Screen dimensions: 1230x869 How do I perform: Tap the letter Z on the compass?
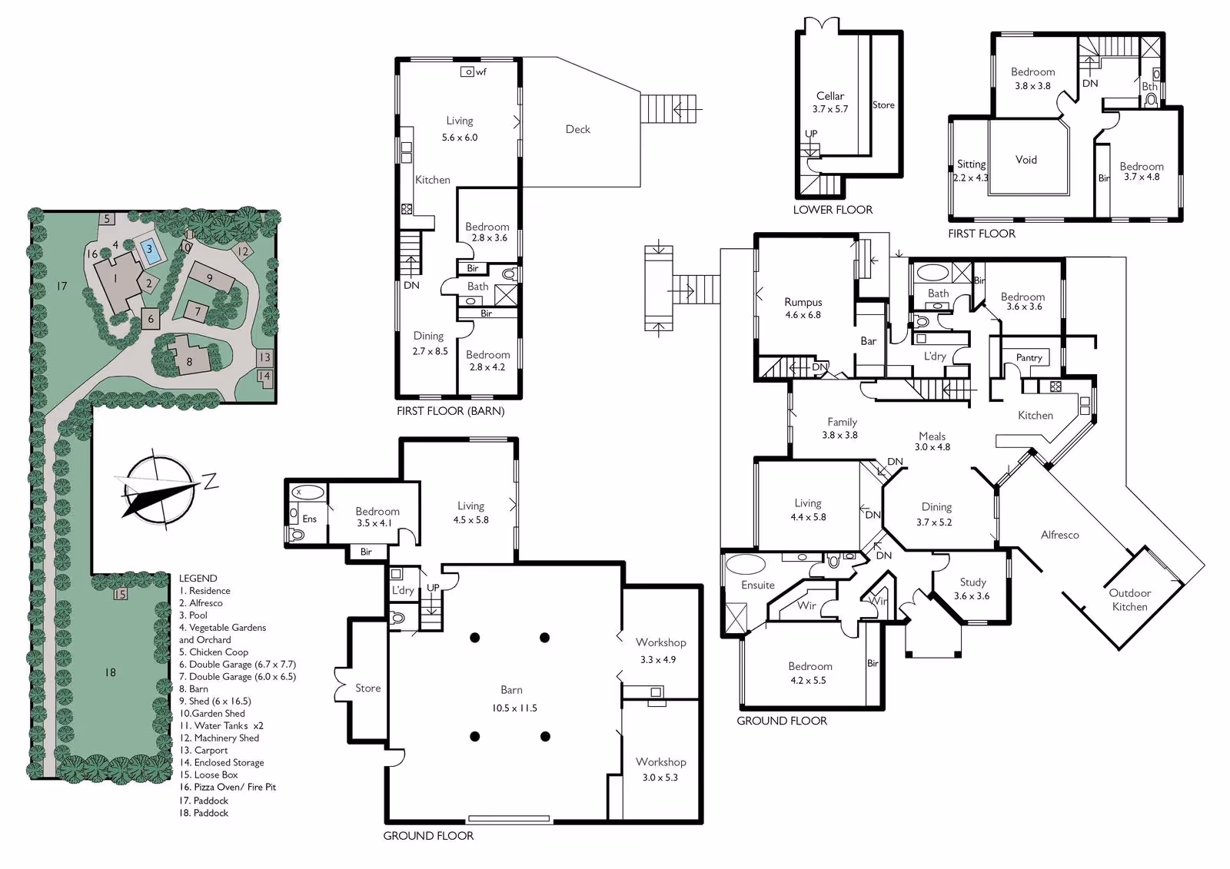211,481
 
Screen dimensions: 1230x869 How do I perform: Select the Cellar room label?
829,96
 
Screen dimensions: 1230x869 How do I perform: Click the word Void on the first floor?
1026,160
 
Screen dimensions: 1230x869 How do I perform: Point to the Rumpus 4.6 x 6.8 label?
803,308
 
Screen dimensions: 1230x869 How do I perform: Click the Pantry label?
1029,357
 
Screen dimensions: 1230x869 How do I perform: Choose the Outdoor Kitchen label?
1129,599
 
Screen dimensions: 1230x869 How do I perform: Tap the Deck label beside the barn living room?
577,129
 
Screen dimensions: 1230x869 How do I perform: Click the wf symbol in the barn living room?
474,72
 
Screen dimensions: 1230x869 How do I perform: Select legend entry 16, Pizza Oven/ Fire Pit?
228,787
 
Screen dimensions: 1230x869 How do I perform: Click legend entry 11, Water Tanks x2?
221,725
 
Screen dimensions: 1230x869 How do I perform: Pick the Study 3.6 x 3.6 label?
972,589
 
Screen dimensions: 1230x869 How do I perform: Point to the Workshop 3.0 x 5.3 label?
660,769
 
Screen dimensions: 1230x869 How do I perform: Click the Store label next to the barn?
367,688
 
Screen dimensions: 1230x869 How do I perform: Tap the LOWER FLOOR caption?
833,209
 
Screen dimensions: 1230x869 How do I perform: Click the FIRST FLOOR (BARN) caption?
450,410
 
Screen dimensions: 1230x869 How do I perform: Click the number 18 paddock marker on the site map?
110,672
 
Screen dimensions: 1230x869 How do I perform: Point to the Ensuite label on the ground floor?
758,585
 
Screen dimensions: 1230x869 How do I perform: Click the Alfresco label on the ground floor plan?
1060,535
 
